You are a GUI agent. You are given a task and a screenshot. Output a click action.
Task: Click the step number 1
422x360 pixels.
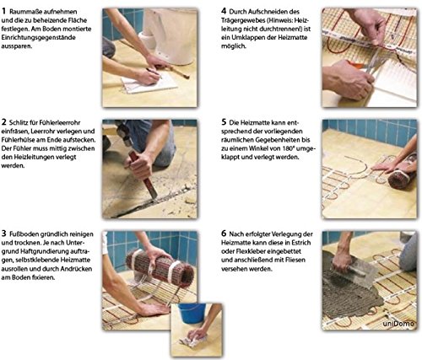tap(3, 12)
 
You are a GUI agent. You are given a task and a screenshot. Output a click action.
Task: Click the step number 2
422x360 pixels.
tap(3, 122)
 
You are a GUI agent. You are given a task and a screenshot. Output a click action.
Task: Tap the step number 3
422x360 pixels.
tap(3, 234)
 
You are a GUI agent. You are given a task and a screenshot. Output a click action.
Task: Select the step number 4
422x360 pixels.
tap(224, 11)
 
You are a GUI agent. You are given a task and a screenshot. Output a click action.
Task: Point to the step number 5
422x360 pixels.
tap(224, 122)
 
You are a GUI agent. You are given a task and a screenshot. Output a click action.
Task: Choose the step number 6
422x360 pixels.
tap(224, 234)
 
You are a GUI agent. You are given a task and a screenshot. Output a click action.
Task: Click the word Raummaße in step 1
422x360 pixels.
tap(23, 12)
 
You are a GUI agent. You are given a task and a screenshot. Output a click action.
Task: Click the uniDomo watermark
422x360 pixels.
tap(398, 324)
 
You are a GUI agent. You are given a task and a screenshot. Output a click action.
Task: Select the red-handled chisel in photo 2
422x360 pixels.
tap(143, 175)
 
